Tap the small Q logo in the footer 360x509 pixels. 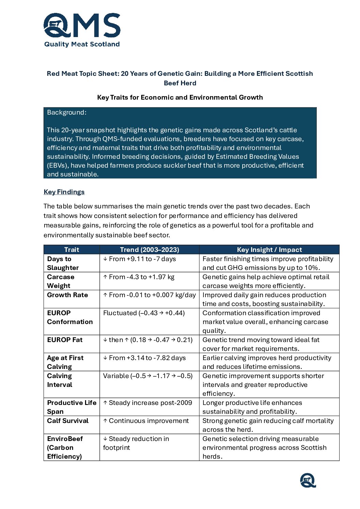pyautogui.click(x=308, y=480)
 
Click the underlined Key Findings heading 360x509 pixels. pyautogui.click(x=64, y=192)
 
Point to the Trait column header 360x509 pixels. pyautogui.click(x=71, y=250)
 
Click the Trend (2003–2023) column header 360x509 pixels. pyautogui.click(x=149, y=250)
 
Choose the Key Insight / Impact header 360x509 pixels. pyautogui.click(x=269, y=250)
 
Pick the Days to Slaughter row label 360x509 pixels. pyautogui.click(x=63, y=263)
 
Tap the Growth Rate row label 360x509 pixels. pyautogui.click(x=67, y=295)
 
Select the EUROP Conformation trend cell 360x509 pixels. pyautogui.click(x=144, y=313)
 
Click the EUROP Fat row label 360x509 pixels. pyautogui.click(x=65, y=340)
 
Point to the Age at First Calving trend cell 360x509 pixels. pyautogui.click(x=145, y=358)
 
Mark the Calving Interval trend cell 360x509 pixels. pyautogui.click(x=148, y=376)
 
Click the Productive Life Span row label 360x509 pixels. pyautogui.click(x=71, y=407)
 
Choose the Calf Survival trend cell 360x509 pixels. pyautogui.click(x=146, y=421)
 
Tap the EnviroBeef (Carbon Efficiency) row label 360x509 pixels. pyautogui.click(x=65, y=447)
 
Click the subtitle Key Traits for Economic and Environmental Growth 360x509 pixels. pyautogui.click(x=180, y=98)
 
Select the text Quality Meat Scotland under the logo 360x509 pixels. pyautogui.click(x=82, y=44)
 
